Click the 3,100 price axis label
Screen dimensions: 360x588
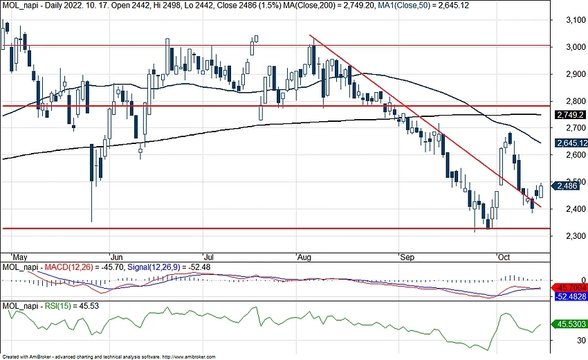pos(569,21)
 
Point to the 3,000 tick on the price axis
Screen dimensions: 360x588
pos(569,48)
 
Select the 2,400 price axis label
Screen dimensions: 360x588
pos(569,209)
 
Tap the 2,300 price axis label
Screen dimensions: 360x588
pos(569,236)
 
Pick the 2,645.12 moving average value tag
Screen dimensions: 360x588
pos(571,143)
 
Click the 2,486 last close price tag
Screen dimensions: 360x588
pos(567,186)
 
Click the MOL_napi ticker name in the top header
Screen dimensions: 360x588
pos(17,6)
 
